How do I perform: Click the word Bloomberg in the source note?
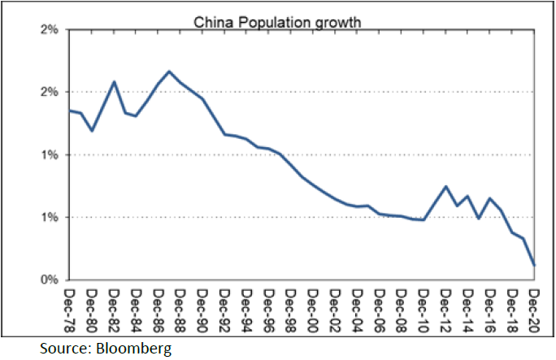click(132, 349)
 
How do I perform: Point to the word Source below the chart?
click(63, 349)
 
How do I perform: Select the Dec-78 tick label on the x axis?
click(70, 306)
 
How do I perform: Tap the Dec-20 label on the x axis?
click(535, 306)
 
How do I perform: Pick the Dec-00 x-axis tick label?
click(314, 306)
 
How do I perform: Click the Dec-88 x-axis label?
click(180, 306)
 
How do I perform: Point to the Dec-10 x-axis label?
click(424, 306)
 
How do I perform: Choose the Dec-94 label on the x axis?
click(247, 306)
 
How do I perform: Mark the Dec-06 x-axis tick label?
click(380, 306)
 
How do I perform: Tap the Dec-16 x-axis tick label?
click(490, 306)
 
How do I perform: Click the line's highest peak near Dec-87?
click(169, 72)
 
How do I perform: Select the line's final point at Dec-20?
click(535, 265)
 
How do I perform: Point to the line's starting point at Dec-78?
click(70, 110)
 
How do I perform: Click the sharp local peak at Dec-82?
click(114, 81)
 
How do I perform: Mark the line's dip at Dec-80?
click(92, 131)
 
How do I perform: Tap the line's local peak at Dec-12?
click(445, 186)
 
